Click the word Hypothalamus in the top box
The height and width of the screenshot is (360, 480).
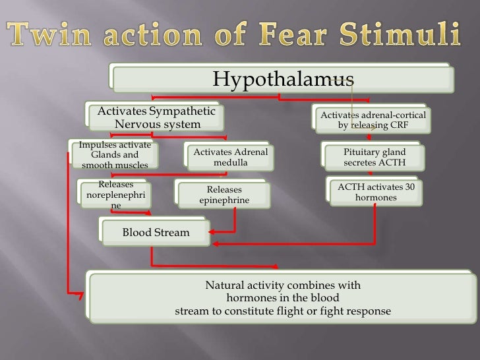tap(283, 79)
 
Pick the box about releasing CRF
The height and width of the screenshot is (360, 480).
tap(373, 119)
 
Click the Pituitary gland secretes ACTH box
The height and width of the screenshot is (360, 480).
tap(374, 158)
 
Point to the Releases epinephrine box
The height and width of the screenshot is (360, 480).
tap(224, 194)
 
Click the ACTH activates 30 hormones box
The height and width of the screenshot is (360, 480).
tap(376, 192)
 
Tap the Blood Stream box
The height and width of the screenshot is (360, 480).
tap(156, 232)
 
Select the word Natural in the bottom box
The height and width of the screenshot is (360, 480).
tap(224, 285)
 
